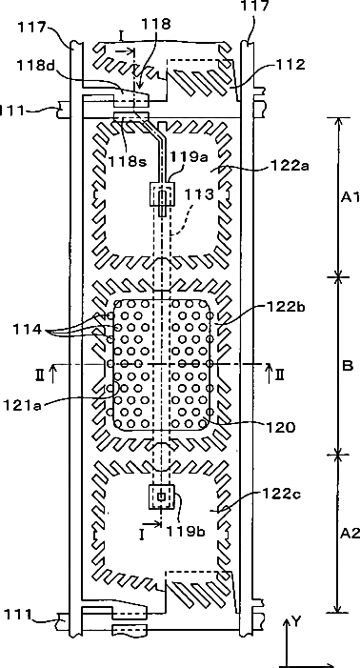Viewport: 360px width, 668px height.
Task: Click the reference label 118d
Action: tap(37, 66)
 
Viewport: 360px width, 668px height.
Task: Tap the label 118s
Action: tap(128, 161)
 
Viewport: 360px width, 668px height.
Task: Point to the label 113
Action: tap(199, 195)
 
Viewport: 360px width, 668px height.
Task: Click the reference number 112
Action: tap(290, 65)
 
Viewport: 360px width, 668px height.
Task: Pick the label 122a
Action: tap(290, 165)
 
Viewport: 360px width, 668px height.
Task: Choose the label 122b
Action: tap(288, 306)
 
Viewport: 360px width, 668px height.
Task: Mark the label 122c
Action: tap(286, 495)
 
